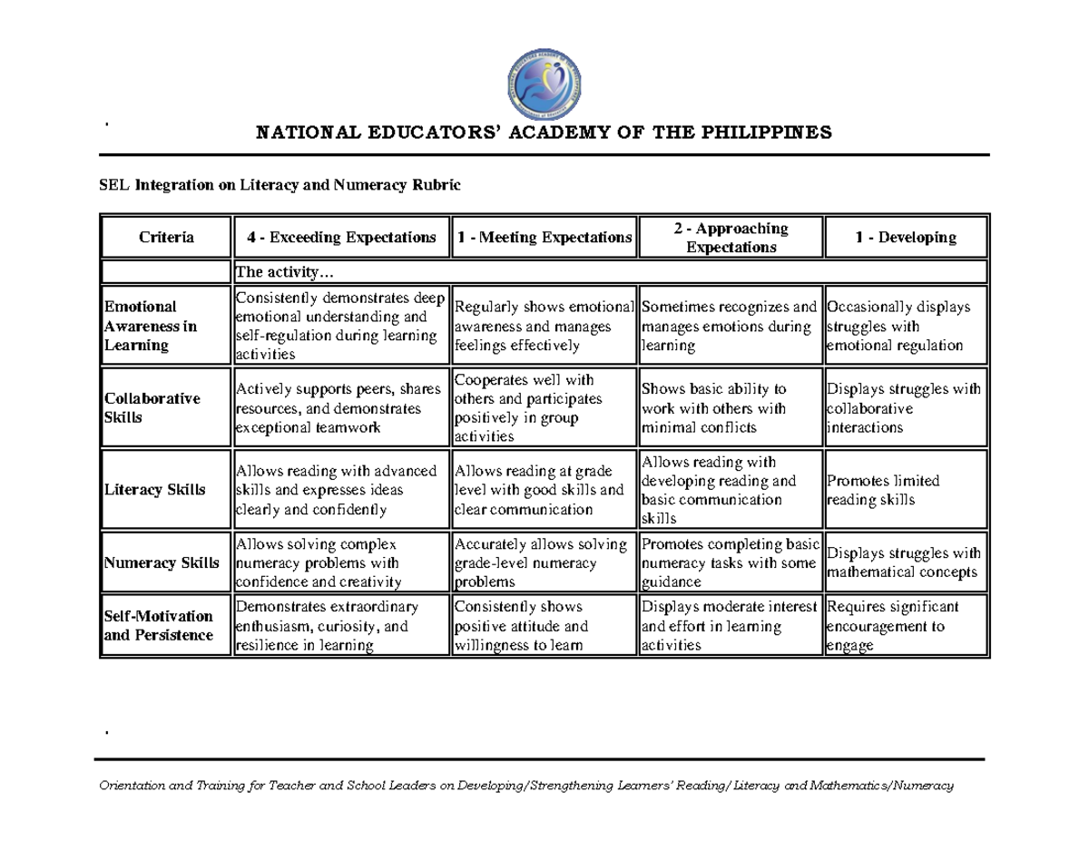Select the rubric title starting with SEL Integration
tap(280, 186)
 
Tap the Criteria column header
tap(166, 238)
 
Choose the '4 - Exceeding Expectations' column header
tap(341, 238)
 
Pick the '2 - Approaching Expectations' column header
tap(731, 238)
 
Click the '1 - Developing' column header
tap(905, 238)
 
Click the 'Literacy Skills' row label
tap(155, 490)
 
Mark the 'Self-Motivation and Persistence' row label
tap(159, 626)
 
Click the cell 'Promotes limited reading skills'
tap(882, 490)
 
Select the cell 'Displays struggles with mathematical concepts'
tap(903, 562)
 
